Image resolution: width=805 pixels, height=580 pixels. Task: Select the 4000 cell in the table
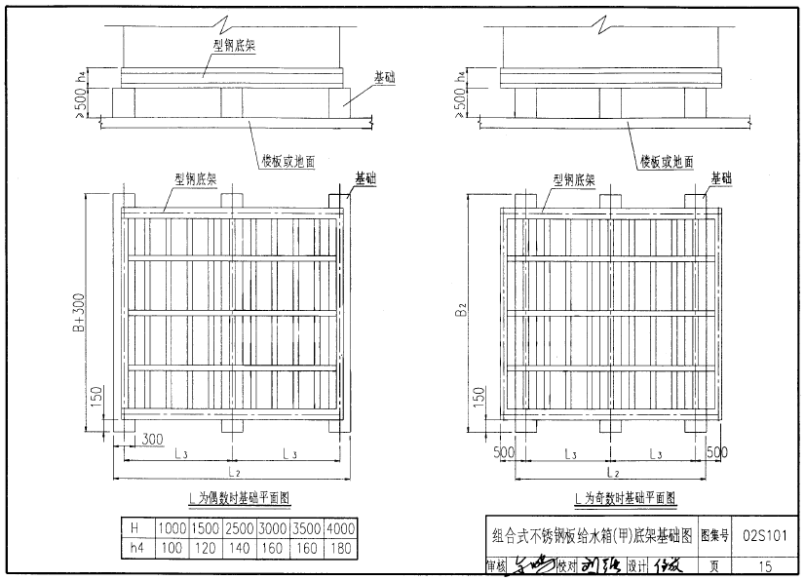click(x=340, y=527)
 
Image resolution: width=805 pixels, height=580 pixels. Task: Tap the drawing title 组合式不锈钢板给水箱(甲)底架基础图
click(x=592, y=534)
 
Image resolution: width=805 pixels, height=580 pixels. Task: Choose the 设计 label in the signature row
click(x=638, y=564)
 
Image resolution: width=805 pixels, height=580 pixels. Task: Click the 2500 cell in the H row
click(x=240, y=527)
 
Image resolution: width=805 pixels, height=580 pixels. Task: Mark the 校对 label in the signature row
click(x=568, y=564)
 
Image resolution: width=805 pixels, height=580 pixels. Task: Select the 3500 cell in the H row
click(x=307, y=527)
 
